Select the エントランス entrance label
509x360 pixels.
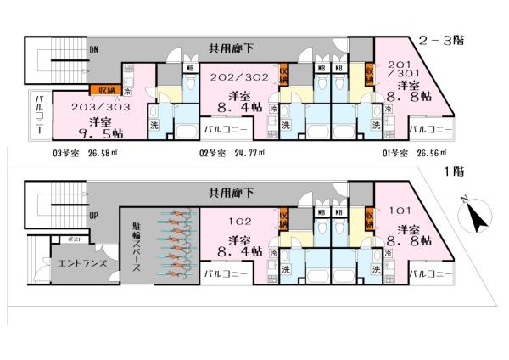(76, 264)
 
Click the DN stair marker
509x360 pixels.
(93, 50)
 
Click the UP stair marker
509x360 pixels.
(93, 215)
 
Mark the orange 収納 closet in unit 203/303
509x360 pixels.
(105, 88)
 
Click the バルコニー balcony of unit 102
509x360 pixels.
(227, 273)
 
